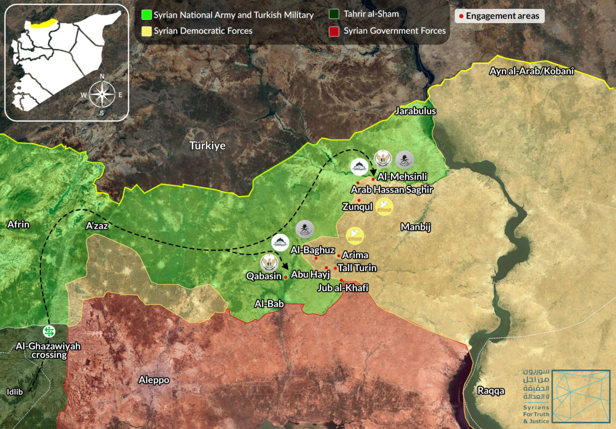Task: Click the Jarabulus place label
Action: pos(415,112)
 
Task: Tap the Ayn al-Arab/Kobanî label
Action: pos(528,71)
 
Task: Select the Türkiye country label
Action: pos(207,145)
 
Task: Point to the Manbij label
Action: pos(415,227)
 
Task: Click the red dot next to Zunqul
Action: pos(359,200)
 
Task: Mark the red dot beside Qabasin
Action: pos(285,277)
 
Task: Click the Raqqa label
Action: pos(491,391)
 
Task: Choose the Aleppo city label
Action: pos(154,380)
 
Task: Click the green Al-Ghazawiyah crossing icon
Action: pos(49,331)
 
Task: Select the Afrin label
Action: pos(18,225)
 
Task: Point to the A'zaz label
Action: pos(97,226)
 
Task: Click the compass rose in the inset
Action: pos(101,94)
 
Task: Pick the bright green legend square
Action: pos(146,15)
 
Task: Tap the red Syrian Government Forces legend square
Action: pos(335,31)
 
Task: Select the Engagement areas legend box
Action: pos(499,16)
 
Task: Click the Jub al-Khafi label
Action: pos(343,288)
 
